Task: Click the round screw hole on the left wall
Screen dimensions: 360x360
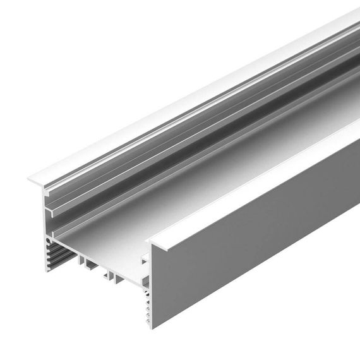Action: (49, 242)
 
